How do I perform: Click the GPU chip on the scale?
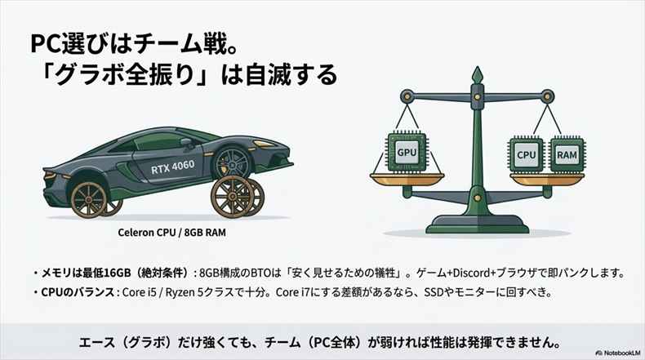coord(407,152)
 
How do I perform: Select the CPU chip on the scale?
coord(526,153)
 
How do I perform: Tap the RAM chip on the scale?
coord(567,153)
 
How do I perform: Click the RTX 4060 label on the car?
coord(179,169)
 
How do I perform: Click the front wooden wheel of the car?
coord(89,198)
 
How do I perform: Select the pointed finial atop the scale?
coord(478,73)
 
